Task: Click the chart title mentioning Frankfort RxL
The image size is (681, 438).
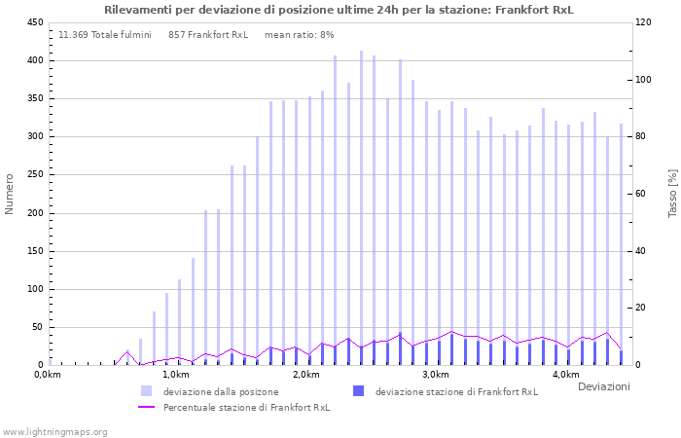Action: tap(339, 10)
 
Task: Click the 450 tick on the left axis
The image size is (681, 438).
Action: tap(34, 22)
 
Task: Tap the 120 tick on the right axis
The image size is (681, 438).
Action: tap(645, 22)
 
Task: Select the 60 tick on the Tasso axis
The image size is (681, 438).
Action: tap(643, 194)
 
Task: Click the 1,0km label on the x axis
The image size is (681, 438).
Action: tap(175, 375)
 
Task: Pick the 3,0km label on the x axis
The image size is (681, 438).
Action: tap(435, 375)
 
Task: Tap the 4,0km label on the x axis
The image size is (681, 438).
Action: tap(565, 375)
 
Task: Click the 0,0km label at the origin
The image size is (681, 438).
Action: tap(47, 375)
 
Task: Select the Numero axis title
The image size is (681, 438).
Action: tap(10, 194)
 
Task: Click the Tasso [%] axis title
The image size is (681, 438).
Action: tap(671, 194)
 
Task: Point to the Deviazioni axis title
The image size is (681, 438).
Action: tap(603, 387)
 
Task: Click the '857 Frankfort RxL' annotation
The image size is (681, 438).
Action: tap(208, 35)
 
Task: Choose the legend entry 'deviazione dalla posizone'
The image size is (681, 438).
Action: tap(221, 392)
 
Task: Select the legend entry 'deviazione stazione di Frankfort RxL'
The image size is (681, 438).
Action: tap(456, 392)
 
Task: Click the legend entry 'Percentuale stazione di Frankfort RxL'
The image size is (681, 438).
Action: tap(246, 408)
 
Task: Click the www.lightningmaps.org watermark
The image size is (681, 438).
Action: tap(55, 431)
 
